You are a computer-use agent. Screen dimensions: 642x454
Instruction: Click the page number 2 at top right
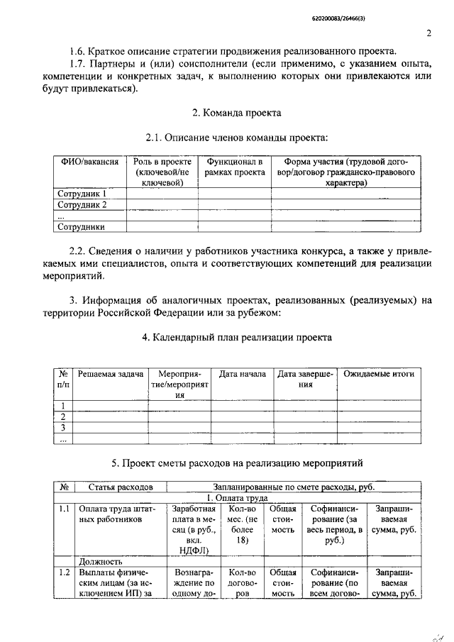429,33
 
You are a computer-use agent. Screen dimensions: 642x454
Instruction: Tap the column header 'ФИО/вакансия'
88,162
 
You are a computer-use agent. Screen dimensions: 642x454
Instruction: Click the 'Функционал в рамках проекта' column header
234,167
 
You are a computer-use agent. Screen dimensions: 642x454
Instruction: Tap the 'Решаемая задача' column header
111,374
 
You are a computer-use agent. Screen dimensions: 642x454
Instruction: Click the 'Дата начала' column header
242,374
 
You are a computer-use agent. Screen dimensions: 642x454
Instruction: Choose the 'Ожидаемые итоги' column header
379,374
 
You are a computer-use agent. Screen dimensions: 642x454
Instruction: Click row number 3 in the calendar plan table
63,428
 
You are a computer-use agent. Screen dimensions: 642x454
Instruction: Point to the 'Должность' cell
100,560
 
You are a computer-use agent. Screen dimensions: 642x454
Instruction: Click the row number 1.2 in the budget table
65,572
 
